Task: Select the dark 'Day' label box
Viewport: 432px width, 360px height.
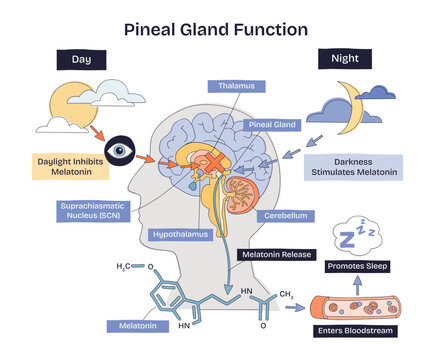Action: click(x=83, y=61)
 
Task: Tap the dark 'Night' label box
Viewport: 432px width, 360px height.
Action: click(x=346, y=59)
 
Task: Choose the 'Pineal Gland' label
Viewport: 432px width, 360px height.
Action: click(x=272, y=125)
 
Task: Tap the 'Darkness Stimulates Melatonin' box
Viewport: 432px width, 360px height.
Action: click(x=355, y=166)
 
